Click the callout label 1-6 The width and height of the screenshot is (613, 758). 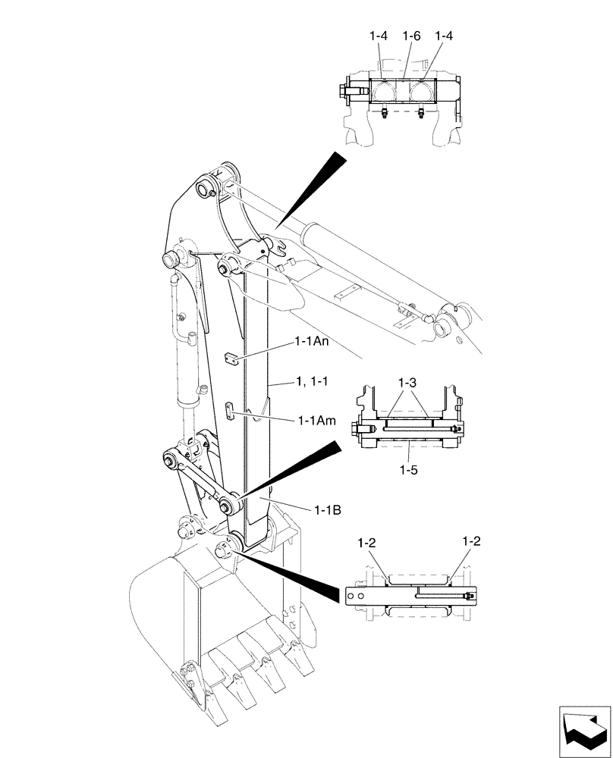[411, 36]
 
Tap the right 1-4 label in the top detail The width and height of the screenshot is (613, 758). [445, 36]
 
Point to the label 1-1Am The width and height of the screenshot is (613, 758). [315, 420]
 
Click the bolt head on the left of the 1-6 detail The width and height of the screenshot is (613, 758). [338, 90]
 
